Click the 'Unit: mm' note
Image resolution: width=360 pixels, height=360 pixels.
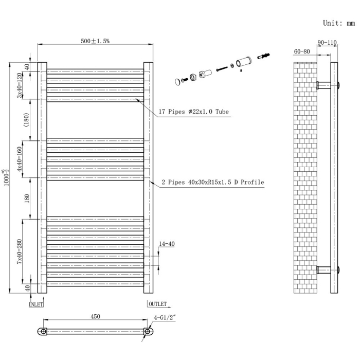click(338, 23)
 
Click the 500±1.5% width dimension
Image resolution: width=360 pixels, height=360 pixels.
click(95, 41)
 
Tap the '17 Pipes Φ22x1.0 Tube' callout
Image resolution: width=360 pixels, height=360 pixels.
click(194, 111)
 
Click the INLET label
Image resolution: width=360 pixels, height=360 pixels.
click(36, 304)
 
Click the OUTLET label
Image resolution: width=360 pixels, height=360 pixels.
click(158, 304)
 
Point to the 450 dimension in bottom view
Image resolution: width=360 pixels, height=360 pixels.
click(95, 317)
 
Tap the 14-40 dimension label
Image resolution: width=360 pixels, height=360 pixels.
click(166, 244)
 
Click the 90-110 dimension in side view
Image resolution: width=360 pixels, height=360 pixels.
click(327, 43)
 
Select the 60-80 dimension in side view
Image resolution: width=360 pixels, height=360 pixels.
click(302, 51)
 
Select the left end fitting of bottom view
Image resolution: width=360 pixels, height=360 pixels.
click(43, 332)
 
